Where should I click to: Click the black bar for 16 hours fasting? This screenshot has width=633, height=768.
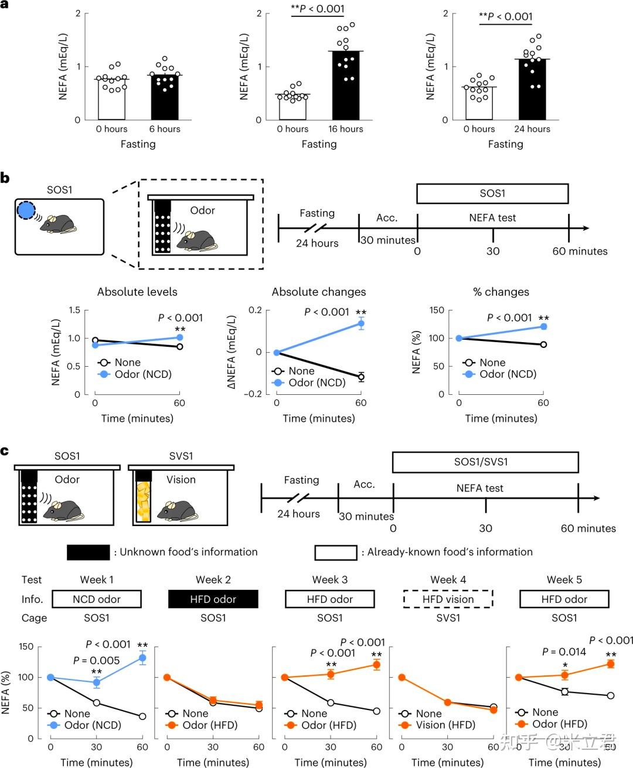point(346,86)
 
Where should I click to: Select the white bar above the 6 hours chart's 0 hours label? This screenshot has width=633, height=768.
point(111,100)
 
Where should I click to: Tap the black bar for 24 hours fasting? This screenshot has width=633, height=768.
point(532,90)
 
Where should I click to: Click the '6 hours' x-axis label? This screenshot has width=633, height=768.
point(165,129)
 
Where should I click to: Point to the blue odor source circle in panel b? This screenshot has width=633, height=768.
point(26,210)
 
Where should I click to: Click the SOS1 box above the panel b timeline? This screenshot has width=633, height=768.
point(492,193)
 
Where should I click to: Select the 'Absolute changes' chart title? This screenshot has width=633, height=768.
point(319,292)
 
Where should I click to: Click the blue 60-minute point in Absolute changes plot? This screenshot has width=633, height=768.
point(361,324)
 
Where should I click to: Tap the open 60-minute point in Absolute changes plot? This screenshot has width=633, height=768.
point(361,377)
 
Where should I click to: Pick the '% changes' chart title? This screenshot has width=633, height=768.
point(501,292)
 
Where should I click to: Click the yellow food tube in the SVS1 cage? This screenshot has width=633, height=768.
point(144,502)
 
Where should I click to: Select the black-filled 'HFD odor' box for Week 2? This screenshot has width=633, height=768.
point(213,599)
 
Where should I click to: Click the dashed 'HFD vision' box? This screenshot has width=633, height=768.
point(448,599)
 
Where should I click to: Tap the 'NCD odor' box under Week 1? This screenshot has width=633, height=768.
point(97,599)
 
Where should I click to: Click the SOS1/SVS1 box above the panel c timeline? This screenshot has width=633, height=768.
point(485,462)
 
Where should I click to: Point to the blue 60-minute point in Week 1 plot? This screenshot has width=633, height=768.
point(142,658)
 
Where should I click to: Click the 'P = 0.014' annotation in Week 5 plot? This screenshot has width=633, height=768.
point(564,652)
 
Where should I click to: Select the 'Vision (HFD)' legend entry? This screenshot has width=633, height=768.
point(445,725)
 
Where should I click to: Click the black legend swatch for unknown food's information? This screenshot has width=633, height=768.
point(89,552)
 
